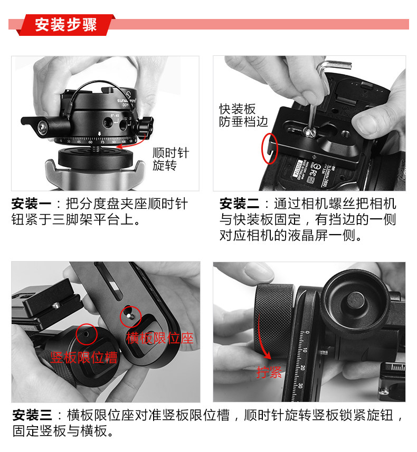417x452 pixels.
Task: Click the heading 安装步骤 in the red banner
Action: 66,25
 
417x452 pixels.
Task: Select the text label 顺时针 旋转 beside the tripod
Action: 170,159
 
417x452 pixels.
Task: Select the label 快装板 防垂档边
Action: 243,115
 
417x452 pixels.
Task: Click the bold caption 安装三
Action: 31,416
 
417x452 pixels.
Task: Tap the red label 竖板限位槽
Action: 84,358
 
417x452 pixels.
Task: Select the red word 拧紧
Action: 269,373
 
